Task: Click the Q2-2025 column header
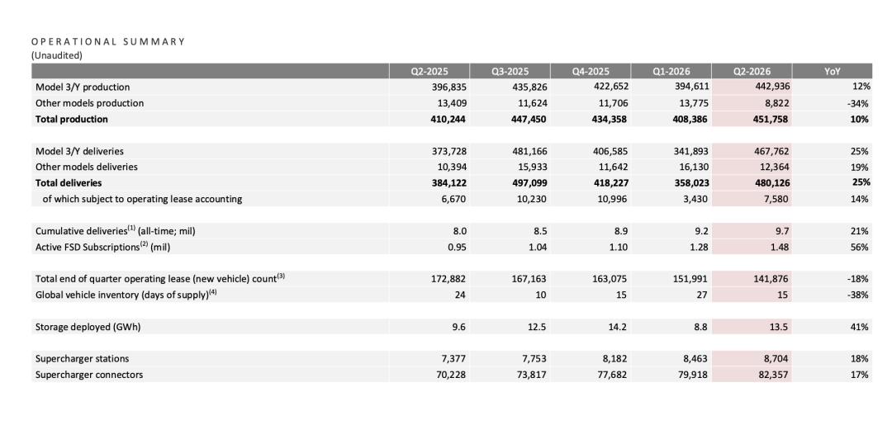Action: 429,72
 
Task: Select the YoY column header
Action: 833,72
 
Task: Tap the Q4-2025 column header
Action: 591,72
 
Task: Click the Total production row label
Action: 72,120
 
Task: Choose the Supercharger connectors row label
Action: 89,375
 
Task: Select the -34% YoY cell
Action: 858,103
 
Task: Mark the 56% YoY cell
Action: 860,248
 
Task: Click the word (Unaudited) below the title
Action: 56,55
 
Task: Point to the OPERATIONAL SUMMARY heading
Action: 108,41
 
